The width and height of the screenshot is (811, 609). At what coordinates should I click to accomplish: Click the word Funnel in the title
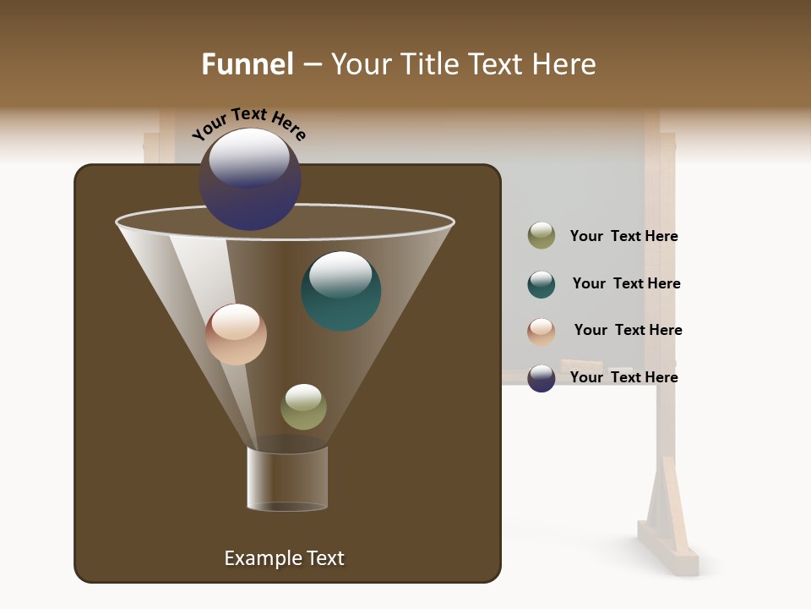click(x=248, y=64)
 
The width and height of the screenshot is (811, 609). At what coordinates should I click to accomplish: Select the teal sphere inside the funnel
click(x=340, y=291)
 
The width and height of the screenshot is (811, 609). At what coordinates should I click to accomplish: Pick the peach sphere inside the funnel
click(x=237, y=334)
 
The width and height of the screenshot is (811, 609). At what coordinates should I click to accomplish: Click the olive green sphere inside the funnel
click(x=303, y=407)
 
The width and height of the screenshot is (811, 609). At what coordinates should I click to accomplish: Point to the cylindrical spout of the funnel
click(x=287, y=479)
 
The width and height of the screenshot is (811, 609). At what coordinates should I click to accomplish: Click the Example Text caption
click(x=284, y=558)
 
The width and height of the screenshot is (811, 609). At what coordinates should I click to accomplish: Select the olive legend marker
click(x=542, y=236)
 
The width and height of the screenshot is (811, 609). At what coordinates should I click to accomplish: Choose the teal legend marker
click(x=542, y=284)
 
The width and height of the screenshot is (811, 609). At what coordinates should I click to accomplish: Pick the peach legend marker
click(x=542, y=332)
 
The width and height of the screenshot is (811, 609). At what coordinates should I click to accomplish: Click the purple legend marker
click(x=542, y=378)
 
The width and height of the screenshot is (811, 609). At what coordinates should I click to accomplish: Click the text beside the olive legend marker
click(x=623, y=237)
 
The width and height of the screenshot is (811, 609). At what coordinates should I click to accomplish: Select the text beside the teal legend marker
click(x=626, y=284)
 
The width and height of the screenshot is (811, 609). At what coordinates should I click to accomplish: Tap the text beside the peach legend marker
click(x=628, y=331)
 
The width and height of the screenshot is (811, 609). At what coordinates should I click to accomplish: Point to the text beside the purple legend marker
click(x=623, y=377)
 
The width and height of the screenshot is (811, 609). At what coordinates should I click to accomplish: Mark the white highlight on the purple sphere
click(x=249, y=158)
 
